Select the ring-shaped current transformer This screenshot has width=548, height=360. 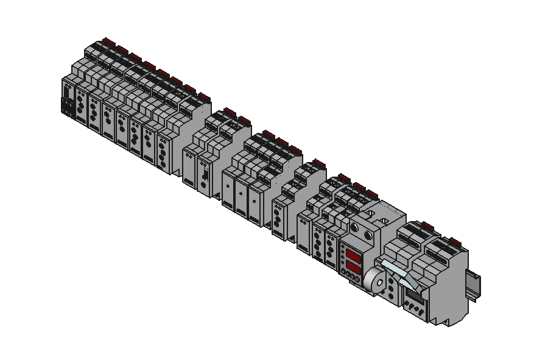(374, 281)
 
